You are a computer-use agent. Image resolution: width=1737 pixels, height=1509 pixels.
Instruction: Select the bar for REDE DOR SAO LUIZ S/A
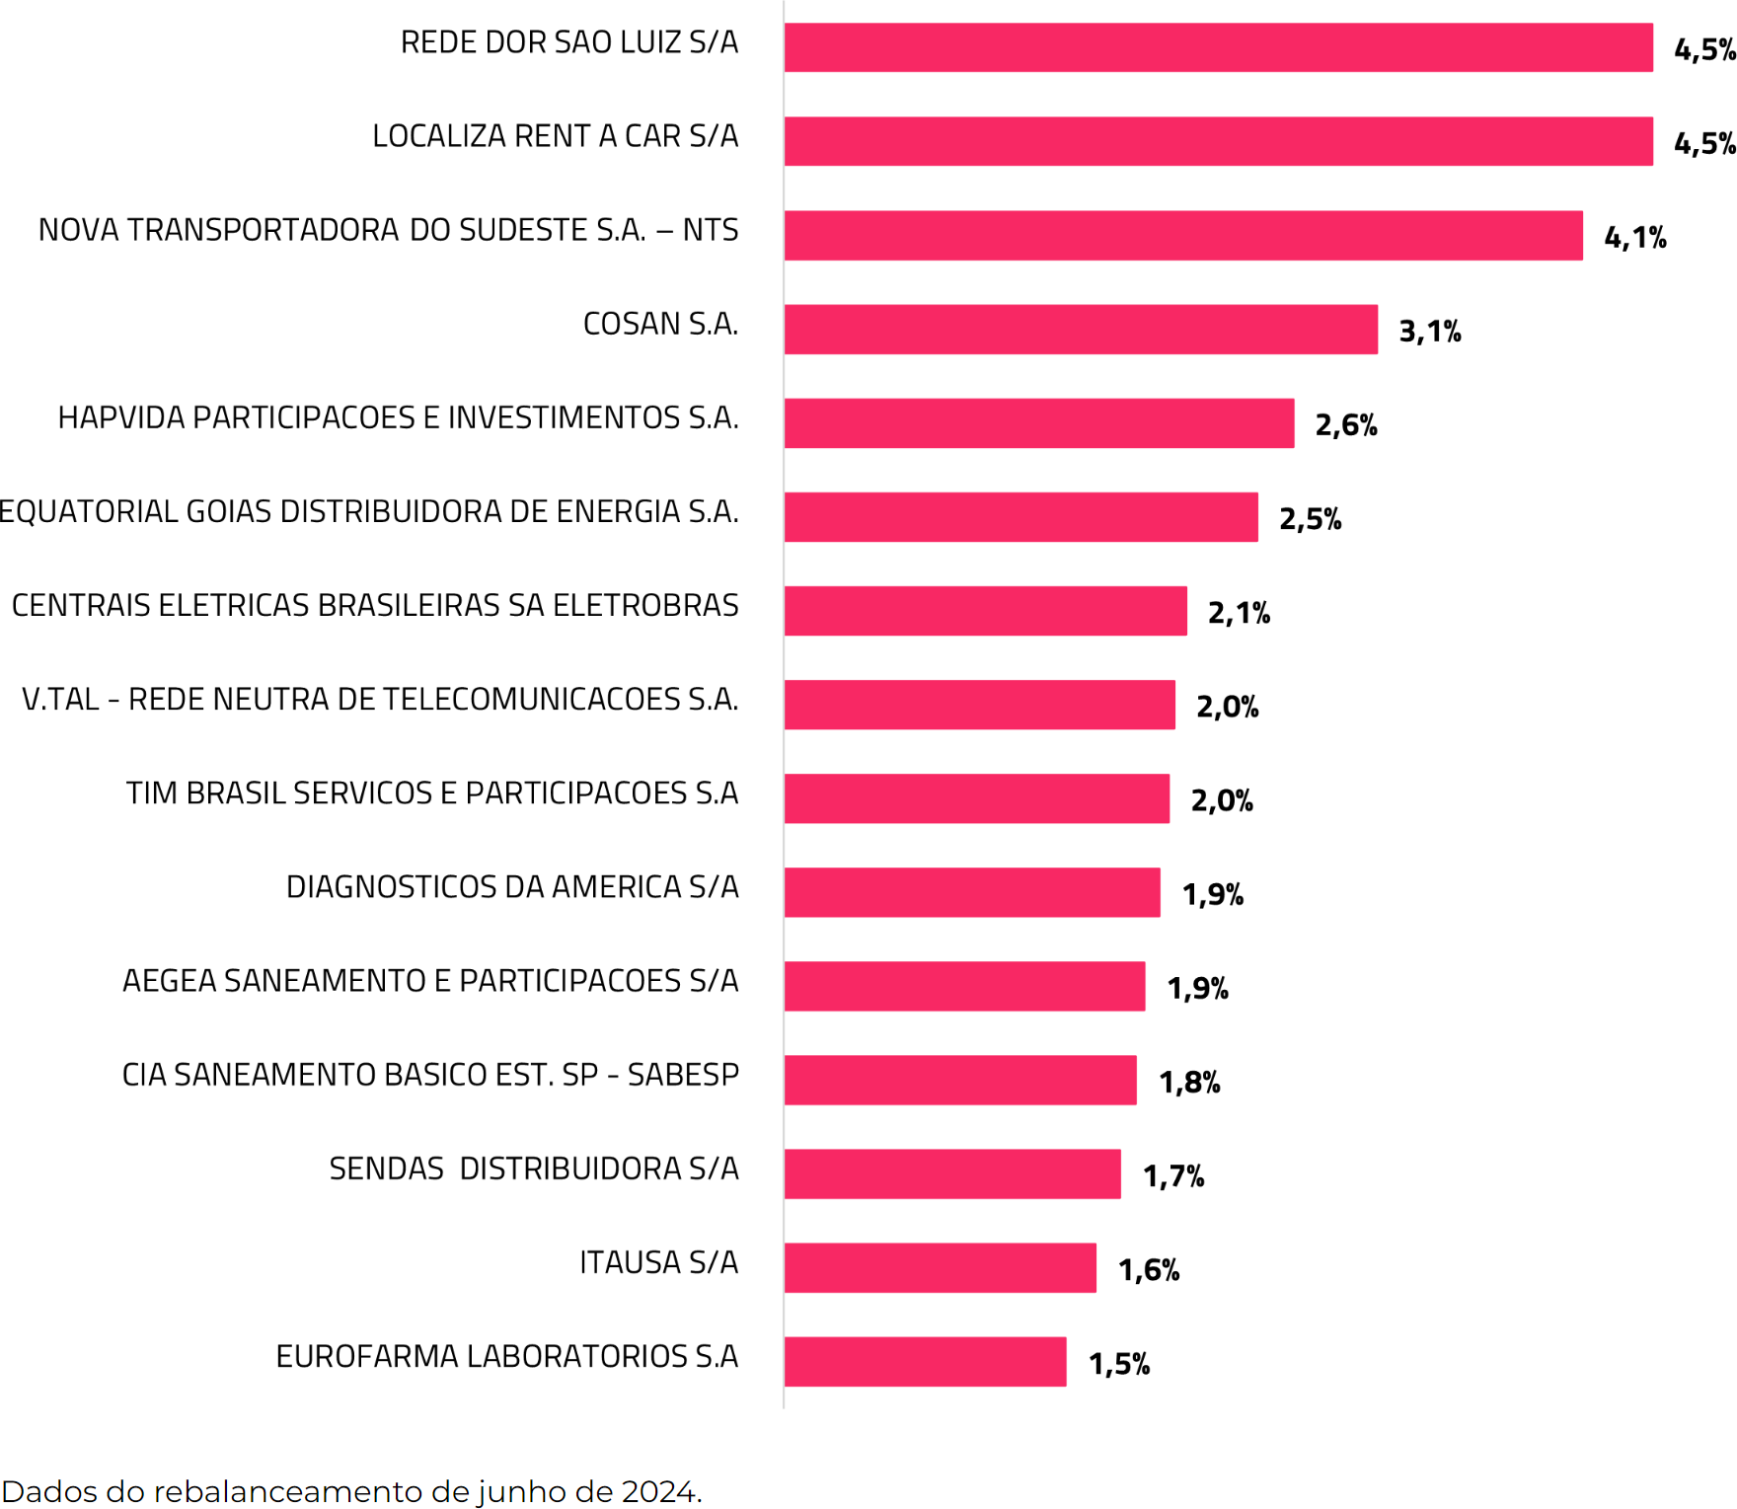(x=1218, y=47)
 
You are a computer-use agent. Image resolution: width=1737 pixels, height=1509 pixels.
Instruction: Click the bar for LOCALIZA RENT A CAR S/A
(x=1218, y=141)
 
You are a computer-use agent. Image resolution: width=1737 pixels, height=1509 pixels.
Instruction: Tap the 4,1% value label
(x=1634, y=237)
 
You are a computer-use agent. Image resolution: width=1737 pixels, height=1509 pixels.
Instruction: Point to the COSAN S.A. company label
(x=660, y=324)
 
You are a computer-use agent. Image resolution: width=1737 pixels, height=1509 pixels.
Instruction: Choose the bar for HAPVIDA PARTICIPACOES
(x=1038, y=423)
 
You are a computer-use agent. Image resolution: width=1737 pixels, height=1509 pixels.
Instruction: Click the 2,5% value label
(x=1310, y=518)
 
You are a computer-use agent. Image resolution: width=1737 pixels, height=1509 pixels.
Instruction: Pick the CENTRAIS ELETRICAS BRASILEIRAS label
(x=375, y=605)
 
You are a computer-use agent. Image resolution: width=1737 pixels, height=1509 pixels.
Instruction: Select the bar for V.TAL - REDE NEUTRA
(x=979, y=705)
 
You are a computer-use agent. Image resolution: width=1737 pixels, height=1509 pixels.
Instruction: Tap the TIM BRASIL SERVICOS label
(x=432, y=792)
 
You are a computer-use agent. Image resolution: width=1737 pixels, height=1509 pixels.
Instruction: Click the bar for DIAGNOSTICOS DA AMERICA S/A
(x=972, y=892)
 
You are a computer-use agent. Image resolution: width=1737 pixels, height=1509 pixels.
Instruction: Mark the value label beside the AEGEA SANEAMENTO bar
(x=1197, y=987)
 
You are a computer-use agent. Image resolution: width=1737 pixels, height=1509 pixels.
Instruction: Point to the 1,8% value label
(x=1189, y=1082)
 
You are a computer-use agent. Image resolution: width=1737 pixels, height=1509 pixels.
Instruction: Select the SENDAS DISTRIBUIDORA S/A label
(x=534, y=1169)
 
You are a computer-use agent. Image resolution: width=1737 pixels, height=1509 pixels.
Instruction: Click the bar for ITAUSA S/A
(x=940, y=1267)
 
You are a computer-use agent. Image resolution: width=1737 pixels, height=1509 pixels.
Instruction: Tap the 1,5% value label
(x=1119, y=1363)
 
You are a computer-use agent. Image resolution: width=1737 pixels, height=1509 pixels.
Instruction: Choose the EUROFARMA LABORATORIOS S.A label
(x=507, y=1356)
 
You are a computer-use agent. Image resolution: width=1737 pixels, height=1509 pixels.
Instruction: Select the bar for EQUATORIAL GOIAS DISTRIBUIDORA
(x=1020, y=517)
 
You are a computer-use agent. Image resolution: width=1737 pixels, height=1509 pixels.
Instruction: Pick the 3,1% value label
(x=1429, y=331)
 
